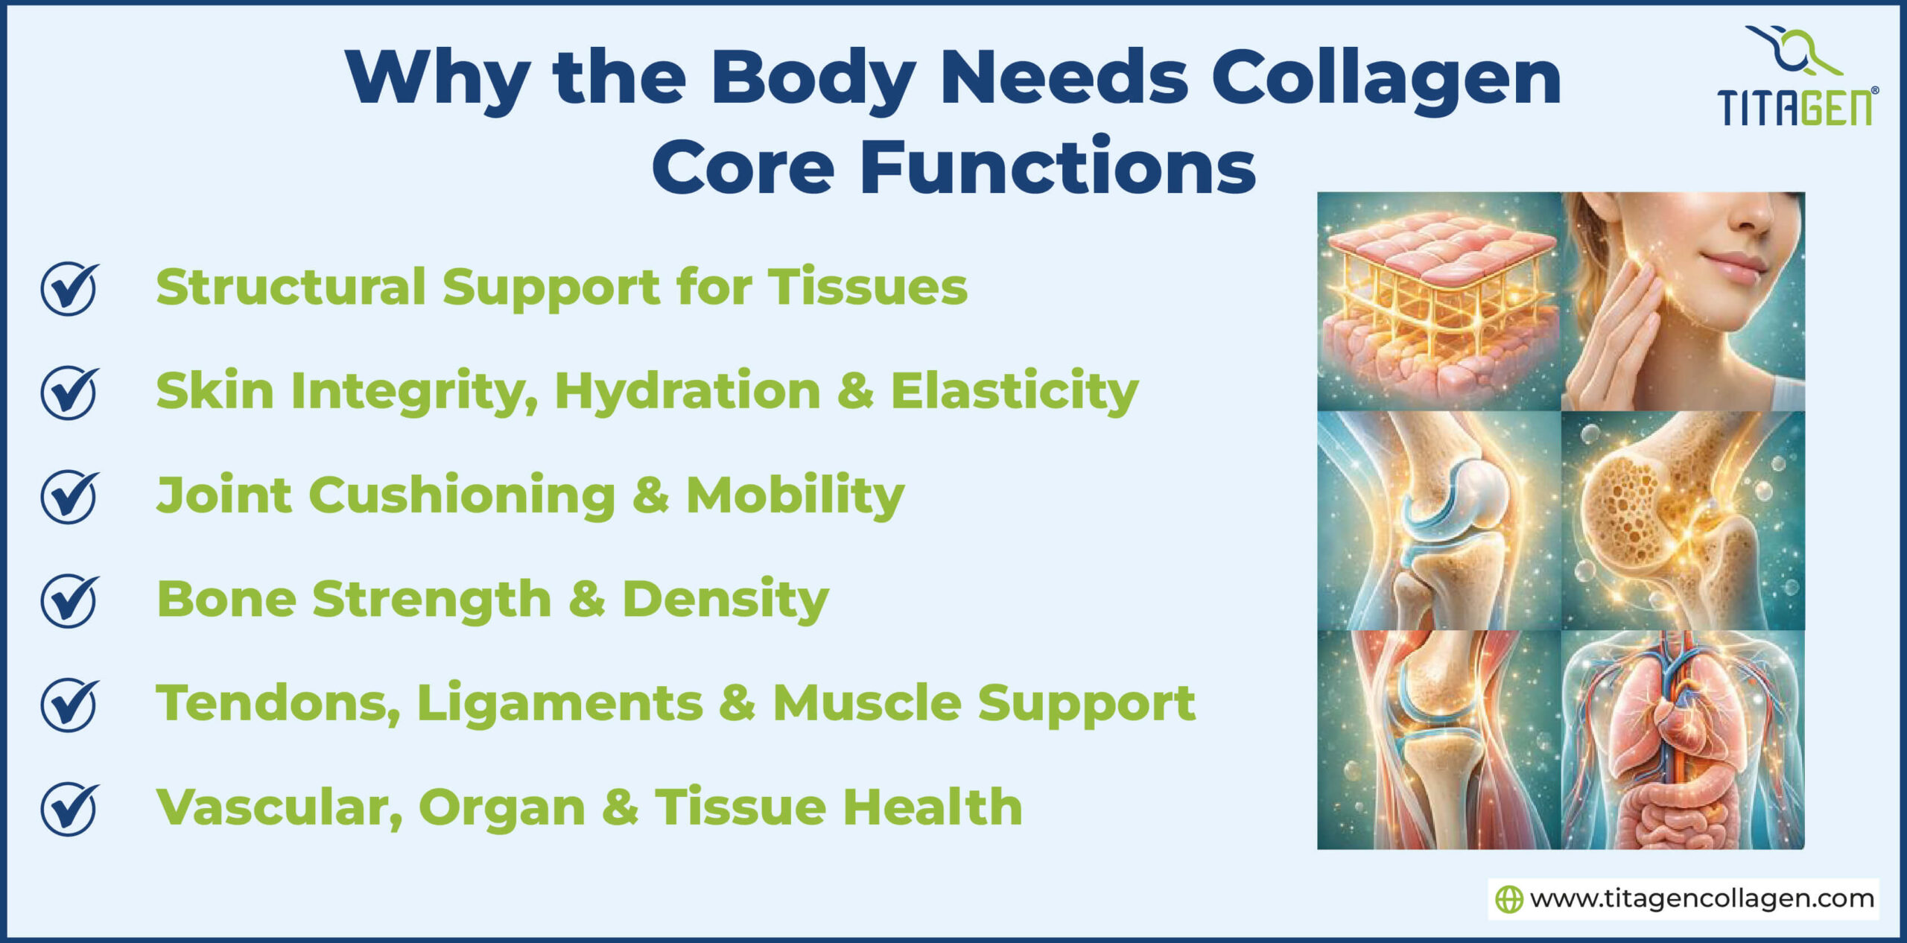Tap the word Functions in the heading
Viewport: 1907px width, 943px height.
click(1058, 168)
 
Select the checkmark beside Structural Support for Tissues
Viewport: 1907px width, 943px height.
click(69, 288)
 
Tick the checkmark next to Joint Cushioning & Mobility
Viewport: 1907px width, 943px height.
click(69, 496)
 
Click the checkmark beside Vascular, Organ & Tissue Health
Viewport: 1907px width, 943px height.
click(69, 808)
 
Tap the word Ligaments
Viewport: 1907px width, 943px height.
click(559, 704)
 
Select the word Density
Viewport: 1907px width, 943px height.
click(725, 600)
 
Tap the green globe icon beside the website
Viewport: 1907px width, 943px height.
click(1509, 900)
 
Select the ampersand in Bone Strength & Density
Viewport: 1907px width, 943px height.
click(586, 600)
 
